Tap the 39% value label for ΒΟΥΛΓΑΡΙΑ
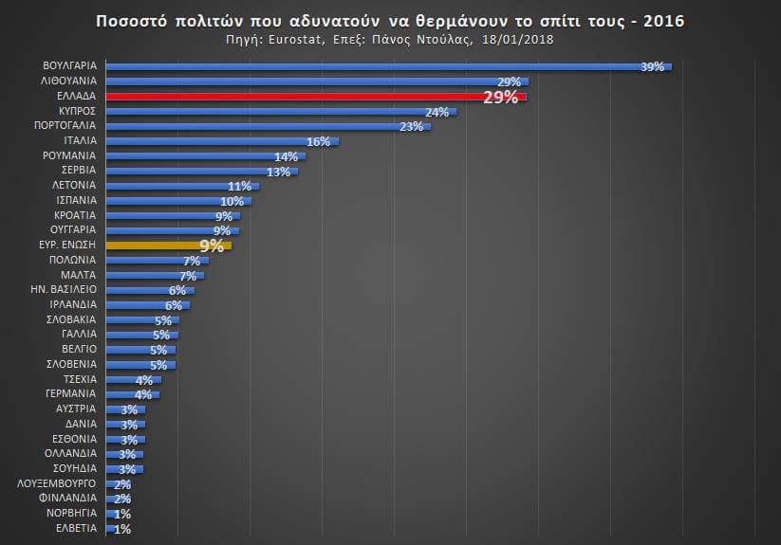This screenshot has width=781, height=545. [x=652, y=67]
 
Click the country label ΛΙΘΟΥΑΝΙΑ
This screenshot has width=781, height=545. [x=66, y=82]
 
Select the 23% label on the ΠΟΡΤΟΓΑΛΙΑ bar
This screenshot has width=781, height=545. [x=411, y=127]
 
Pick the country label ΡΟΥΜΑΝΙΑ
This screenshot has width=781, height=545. [x=69, y=155]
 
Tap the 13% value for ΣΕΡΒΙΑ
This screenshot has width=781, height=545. [x=279, y=172]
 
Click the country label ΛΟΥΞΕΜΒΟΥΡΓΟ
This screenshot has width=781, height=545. [x=57, y=482]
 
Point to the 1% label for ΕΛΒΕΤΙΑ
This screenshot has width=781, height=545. [x=121, y=529]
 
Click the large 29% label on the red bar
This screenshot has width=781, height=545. [x=500, y=98]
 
